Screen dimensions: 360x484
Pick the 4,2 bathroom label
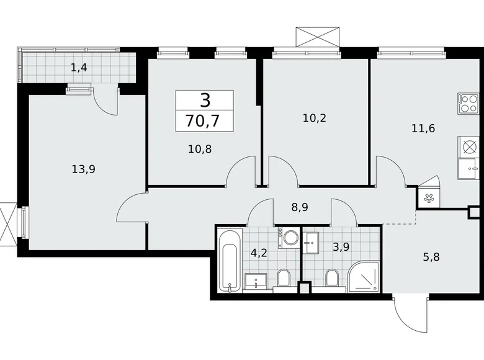(x=258, y=253)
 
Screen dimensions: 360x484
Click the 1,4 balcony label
(x=78, y=67)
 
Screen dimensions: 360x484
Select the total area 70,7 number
(x=204, y=119)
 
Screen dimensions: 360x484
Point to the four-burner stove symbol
(x=468, y=102)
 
